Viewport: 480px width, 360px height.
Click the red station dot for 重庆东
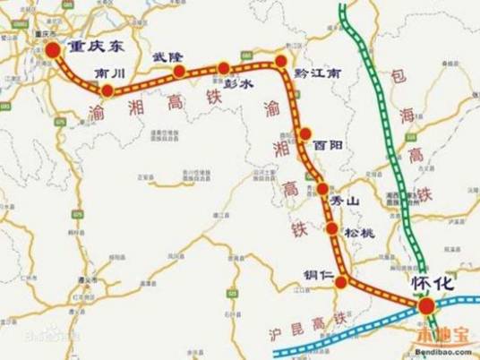pos(52,51)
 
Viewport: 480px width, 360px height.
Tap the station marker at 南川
pos(107,90)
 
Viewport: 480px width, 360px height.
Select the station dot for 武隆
pos(179,71)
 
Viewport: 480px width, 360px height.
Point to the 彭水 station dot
pos(224,68)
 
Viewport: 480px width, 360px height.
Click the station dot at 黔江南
pos(281,61)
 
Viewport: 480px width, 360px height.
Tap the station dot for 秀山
pos(322,189)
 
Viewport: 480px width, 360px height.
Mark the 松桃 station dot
pos(333,230)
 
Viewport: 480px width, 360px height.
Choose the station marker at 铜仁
pos(341,284)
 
